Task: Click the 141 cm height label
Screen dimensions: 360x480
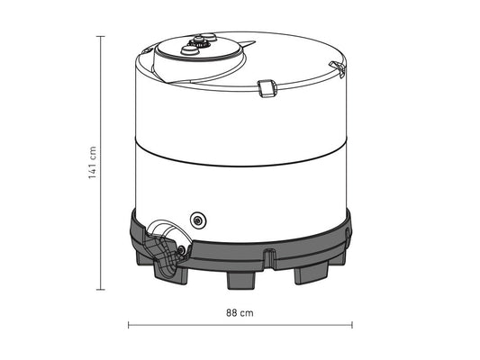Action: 93,163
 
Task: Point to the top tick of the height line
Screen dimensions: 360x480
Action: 101,36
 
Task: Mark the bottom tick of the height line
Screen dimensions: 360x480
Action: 101,290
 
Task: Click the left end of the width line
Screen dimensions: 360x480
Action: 129,324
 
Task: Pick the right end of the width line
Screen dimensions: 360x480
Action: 353,324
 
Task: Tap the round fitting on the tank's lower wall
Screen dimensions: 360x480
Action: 198,219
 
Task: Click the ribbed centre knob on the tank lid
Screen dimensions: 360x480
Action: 199,41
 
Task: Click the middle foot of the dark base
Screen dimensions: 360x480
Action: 241,278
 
